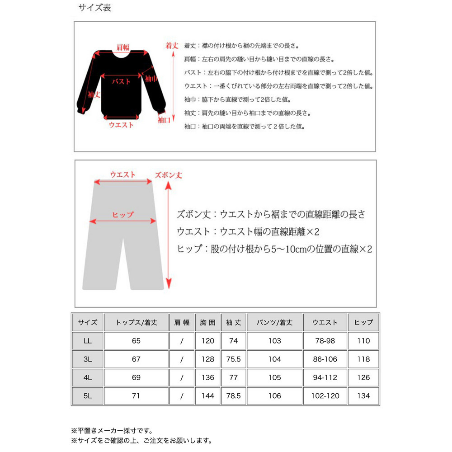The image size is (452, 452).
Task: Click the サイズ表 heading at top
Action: click(x=94, y=8)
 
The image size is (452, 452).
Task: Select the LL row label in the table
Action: click(x=87, y=341)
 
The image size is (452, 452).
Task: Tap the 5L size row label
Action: click(x=87, y=396)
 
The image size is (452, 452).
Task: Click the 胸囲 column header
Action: click(x=208, y=323)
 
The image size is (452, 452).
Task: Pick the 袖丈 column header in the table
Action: click(x=234, y=323)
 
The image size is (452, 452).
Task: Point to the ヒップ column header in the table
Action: click(x=363, y=323)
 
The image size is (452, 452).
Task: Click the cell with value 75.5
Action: click(x=234, y=359)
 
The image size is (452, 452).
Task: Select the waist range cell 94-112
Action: click(x=325, y=377)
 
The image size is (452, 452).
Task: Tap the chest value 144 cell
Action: click(x=208, y=396)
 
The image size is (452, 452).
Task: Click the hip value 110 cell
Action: click(x=363, y=341)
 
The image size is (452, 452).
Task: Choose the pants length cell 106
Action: click(x=274, y=396)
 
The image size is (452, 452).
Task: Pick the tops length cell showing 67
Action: click(x=136, y=359)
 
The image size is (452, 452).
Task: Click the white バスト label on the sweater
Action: click(x=121, y=81)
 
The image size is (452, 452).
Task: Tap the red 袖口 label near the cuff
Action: click(x=164, y=120)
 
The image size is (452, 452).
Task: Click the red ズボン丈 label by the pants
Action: click(x=168, y=175)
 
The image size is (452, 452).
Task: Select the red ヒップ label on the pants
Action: click(x=123, y=215)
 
